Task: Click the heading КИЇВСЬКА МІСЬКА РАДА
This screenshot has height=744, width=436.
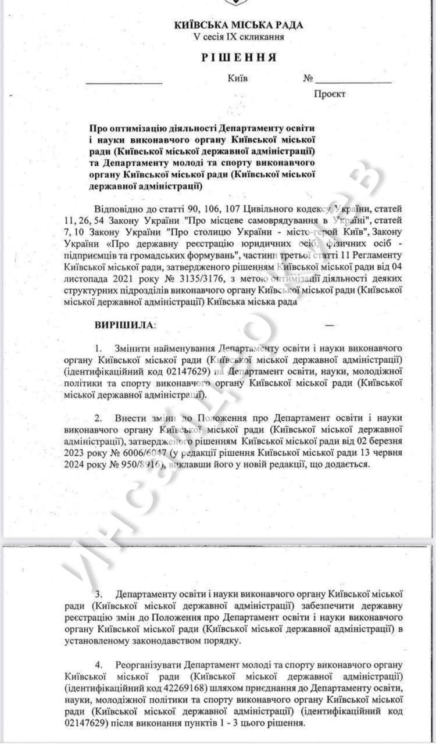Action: [238, 25]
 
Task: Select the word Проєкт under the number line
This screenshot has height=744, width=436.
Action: [330, 94]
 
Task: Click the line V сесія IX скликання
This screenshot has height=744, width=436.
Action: [239, 37]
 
